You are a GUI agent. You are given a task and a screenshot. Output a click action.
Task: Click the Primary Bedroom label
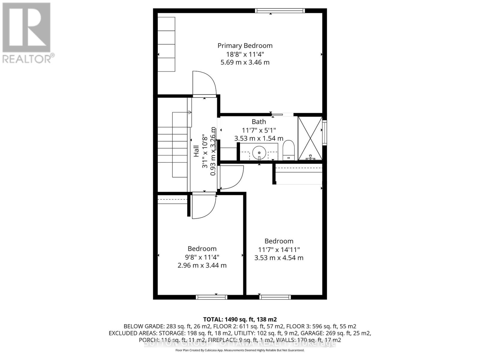click(245, 46)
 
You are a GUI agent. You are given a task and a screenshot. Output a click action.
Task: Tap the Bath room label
click(259, 122)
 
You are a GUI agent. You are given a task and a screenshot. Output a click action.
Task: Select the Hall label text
click(196, 151)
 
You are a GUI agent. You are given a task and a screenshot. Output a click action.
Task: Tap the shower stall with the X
click(310, 138)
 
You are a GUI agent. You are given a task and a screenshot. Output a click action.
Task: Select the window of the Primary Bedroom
click(280, 11)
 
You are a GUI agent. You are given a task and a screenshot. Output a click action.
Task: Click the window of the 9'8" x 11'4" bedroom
click(211, 297)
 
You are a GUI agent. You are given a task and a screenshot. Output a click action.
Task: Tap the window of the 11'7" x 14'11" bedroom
click(275, 297)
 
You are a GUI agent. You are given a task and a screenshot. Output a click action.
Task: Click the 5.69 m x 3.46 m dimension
click(245, 62)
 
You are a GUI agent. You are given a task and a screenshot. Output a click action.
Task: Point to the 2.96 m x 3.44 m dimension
click(202, 265)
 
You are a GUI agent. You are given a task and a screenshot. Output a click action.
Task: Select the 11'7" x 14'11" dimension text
click(279, 250)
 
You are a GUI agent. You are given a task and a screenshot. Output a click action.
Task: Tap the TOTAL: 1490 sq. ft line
click(240, 319)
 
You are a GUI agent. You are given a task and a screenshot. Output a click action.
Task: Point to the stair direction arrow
click(190, 112)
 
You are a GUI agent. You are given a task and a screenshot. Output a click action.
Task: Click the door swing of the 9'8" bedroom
click(203, 207)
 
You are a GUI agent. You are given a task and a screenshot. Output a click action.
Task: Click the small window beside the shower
click(324, 133)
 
